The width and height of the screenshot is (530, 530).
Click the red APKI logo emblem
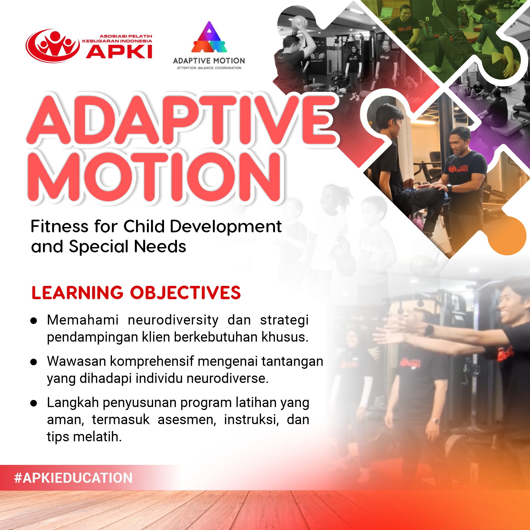click(x=53, y=46)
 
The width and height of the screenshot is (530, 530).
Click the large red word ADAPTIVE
click(x=183, y=119)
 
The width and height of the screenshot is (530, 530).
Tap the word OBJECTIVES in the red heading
click(x=185, y=293)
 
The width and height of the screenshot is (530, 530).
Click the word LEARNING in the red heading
click(x=77, y=293)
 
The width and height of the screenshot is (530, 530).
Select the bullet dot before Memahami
click(x=34, y=321)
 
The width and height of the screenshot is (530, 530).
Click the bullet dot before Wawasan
click(x=34, y=362)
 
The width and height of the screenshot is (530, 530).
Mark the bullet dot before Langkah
click(x=34, y=403)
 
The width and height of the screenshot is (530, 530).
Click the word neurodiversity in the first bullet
click(x=173, y=320)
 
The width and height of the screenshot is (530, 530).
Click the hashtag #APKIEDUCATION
click(x=73, y=478)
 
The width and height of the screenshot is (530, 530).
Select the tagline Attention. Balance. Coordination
click(x=209, y=68)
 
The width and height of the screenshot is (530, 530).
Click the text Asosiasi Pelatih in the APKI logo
click(x=126, y=36)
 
